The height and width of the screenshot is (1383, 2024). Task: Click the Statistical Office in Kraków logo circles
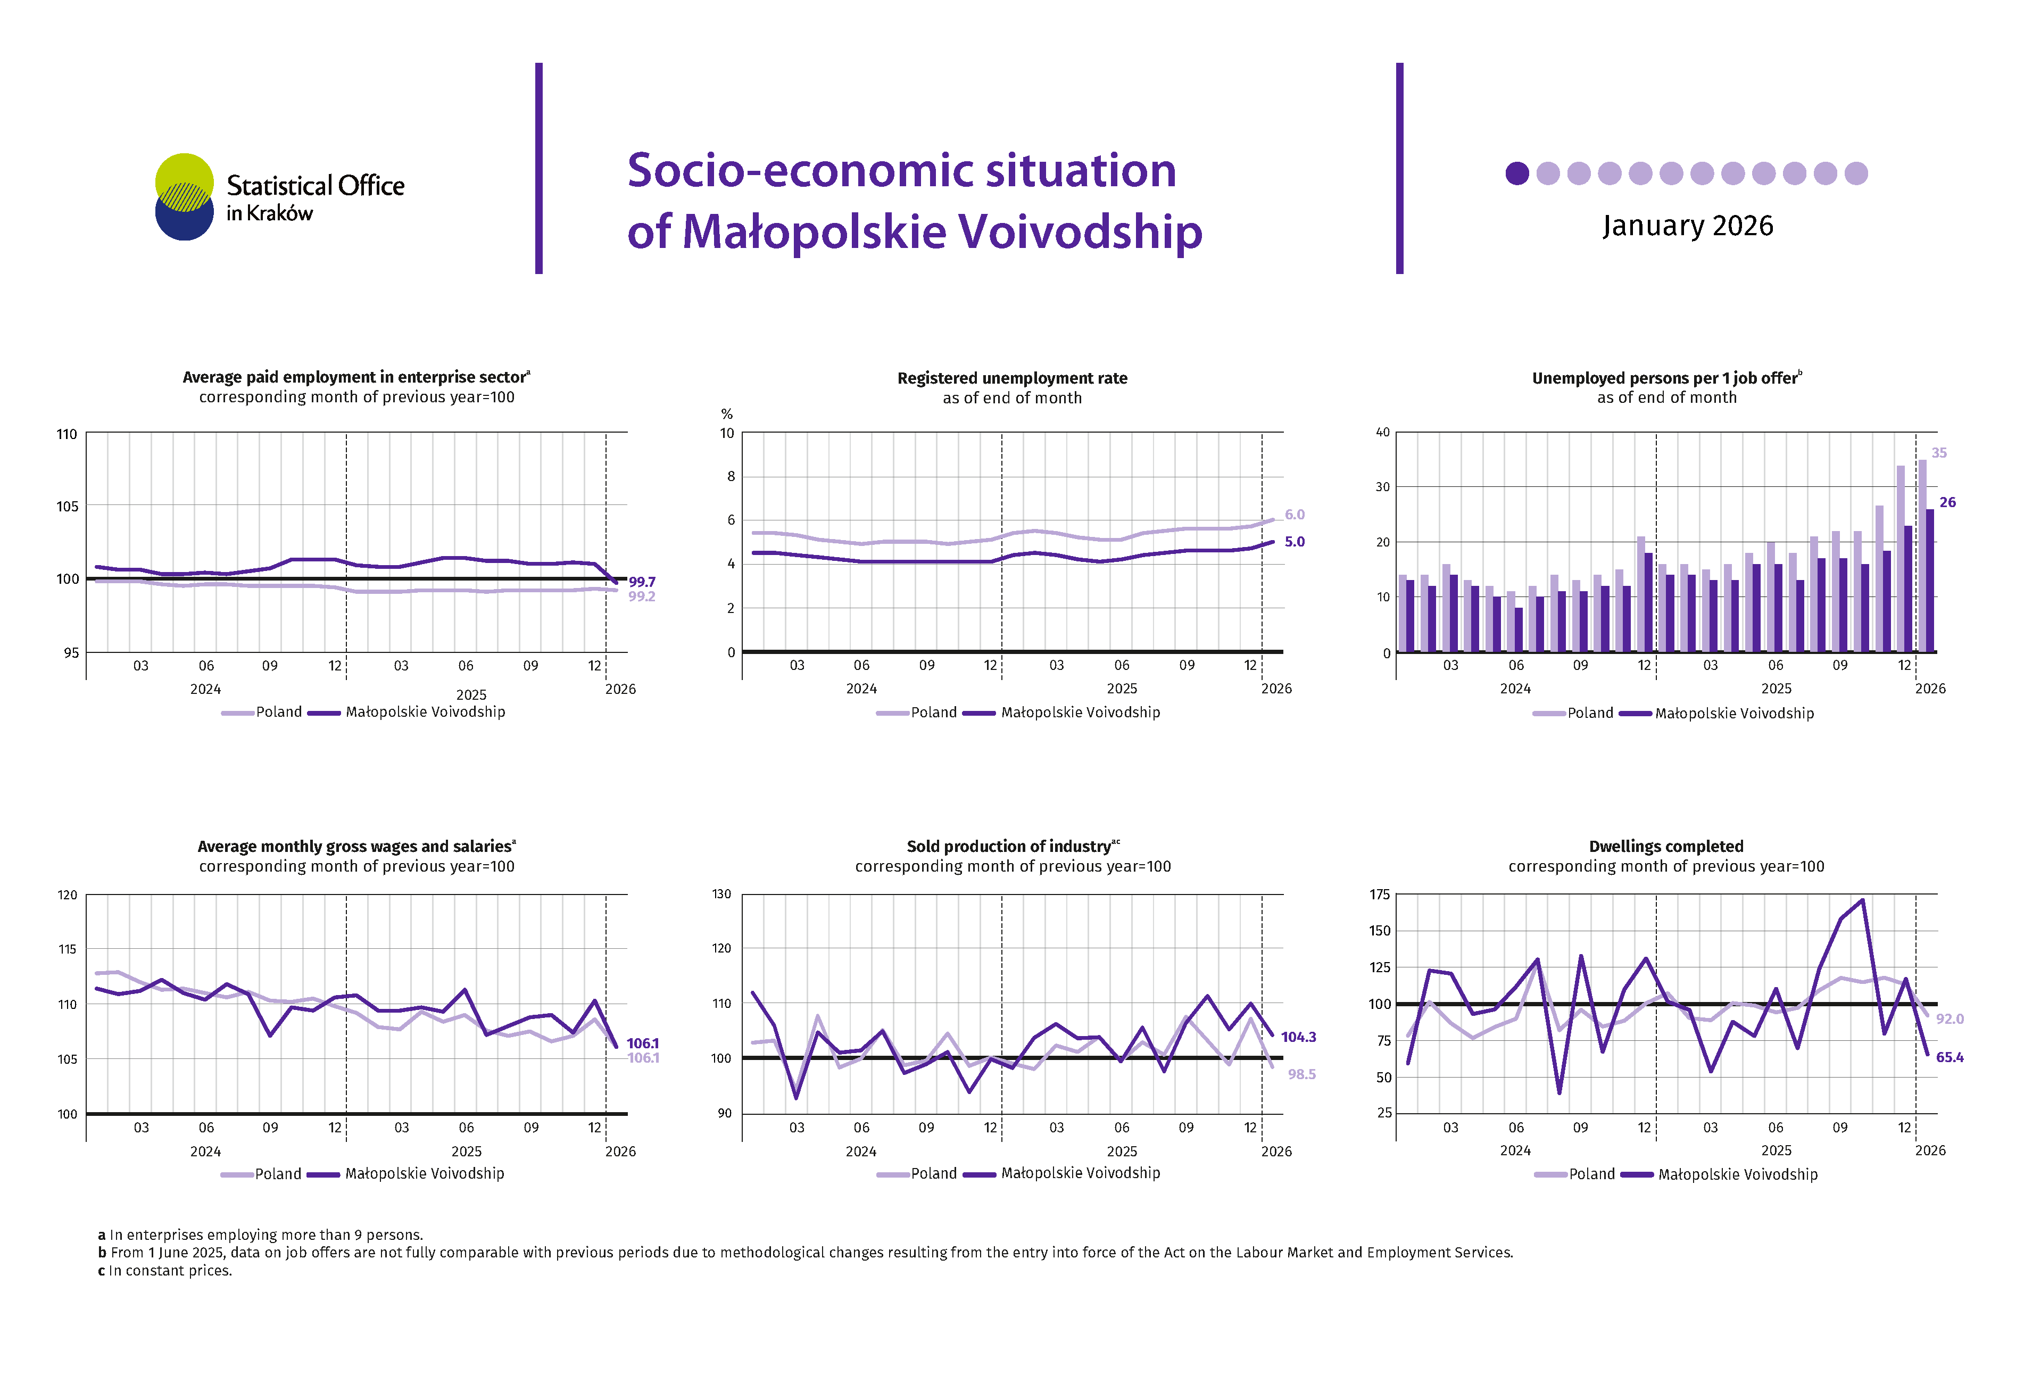click(x=184, y=197)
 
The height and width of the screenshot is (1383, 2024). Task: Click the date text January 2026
click(x=1687, y=226)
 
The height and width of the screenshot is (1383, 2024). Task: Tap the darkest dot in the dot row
click(x=1517, y=173)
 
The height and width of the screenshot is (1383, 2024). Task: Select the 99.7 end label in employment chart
click(x=642, y=582)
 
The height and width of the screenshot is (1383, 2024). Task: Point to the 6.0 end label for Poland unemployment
click(x=1294, y=515)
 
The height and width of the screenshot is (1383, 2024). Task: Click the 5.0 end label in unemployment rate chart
click(x=1294, y=542)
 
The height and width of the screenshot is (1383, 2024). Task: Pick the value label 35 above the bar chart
click(x=1939, y=453)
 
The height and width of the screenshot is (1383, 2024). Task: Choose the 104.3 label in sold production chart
click(x=1298, y=1037)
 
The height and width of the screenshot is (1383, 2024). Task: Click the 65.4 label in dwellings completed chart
click(x=1949, y=1057)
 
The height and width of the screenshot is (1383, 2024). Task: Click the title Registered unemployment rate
click(x=1012, y=378)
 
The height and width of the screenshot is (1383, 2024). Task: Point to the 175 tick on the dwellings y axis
click(x=1380, y=895)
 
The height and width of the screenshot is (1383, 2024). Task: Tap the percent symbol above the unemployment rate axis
click(x=726, y=413)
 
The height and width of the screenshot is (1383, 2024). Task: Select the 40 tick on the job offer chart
click(x=1382, y=432)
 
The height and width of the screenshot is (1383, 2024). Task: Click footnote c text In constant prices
click(x=165, y=1271)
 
